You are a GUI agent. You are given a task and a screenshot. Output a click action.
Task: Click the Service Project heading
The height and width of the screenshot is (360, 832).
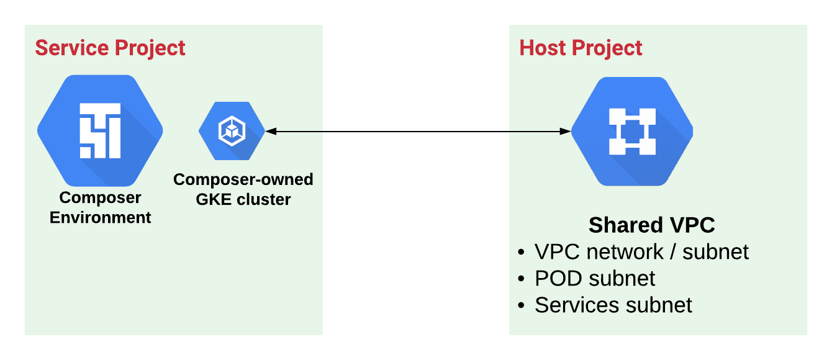[110, 48]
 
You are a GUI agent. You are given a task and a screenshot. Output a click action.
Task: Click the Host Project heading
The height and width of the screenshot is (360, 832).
[581, 48]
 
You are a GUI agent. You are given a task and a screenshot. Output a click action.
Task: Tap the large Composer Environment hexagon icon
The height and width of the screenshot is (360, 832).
[100, 131]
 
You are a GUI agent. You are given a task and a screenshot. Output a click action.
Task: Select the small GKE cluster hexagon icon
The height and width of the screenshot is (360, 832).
[232, 131]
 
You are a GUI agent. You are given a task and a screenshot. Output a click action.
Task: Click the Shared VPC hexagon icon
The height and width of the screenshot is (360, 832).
[632, 131]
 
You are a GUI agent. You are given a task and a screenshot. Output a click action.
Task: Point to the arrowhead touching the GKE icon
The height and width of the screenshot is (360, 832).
[269, 131]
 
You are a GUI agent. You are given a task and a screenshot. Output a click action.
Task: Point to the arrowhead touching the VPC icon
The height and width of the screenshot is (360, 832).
[566, 131]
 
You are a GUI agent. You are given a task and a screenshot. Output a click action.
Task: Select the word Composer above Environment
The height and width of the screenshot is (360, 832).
[100, 198]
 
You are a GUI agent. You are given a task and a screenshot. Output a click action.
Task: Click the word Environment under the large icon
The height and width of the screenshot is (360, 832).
[100, 217]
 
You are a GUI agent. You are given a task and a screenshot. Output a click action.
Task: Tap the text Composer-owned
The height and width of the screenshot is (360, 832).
[243, 179]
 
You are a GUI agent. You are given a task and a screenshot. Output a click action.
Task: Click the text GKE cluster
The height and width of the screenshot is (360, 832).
[243, 199]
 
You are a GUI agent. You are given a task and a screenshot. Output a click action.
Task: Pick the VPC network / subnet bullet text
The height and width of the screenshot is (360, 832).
[641, 251]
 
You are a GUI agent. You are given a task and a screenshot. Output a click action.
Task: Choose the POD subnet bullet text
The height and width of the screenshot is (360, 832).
[594, 278]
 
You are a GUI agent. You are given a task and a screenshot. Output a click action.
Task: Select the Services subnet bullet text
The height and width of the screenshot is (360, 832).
[613, 305]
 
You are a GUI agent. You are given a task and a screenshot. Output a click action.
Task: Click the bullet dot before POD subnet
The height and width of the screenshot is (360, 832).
[521, 279]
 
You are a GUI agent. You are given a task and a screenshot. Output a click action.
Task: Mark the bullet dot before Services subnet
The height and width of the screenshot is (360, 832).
[521, 306]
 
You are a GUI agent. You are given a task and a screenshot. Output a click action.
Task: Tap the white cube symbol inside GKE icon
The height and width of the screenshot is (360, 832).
[232, 131]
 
